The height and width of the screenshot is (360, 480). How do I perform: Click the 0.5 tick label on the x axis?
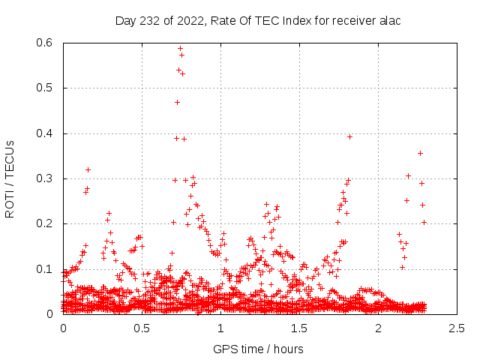(x=142, y=328)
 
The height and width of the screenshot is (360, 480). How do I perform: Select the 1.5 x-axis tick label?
(x=299, y=328)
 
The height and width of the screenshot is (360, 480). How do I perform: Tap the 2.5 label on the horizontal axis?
(x=457, y=328)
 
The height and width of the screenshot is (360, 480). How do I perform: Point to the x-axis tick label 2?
(x=379, y=328)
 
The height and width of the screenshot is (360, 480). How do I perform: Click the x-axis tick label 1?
(x=220, y=328)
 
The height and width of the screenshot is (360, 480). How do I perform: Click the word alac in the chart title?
(x=390, y=21)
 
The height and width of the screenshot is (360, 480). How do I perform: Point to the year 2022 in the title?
(x=190, y=21)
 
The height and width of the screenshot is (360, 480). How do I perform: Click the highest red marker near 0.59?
(x=180, y=49)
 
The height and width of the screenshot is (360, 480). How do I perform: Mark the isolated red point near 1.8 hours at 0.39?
(x=349, y=136)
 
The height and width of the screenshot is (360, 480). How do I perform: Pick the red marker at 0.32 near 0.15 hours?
(x=88, y=169)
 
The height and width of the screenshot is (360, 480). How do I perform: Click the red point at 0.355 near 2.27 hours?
(x=420, y=153)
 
